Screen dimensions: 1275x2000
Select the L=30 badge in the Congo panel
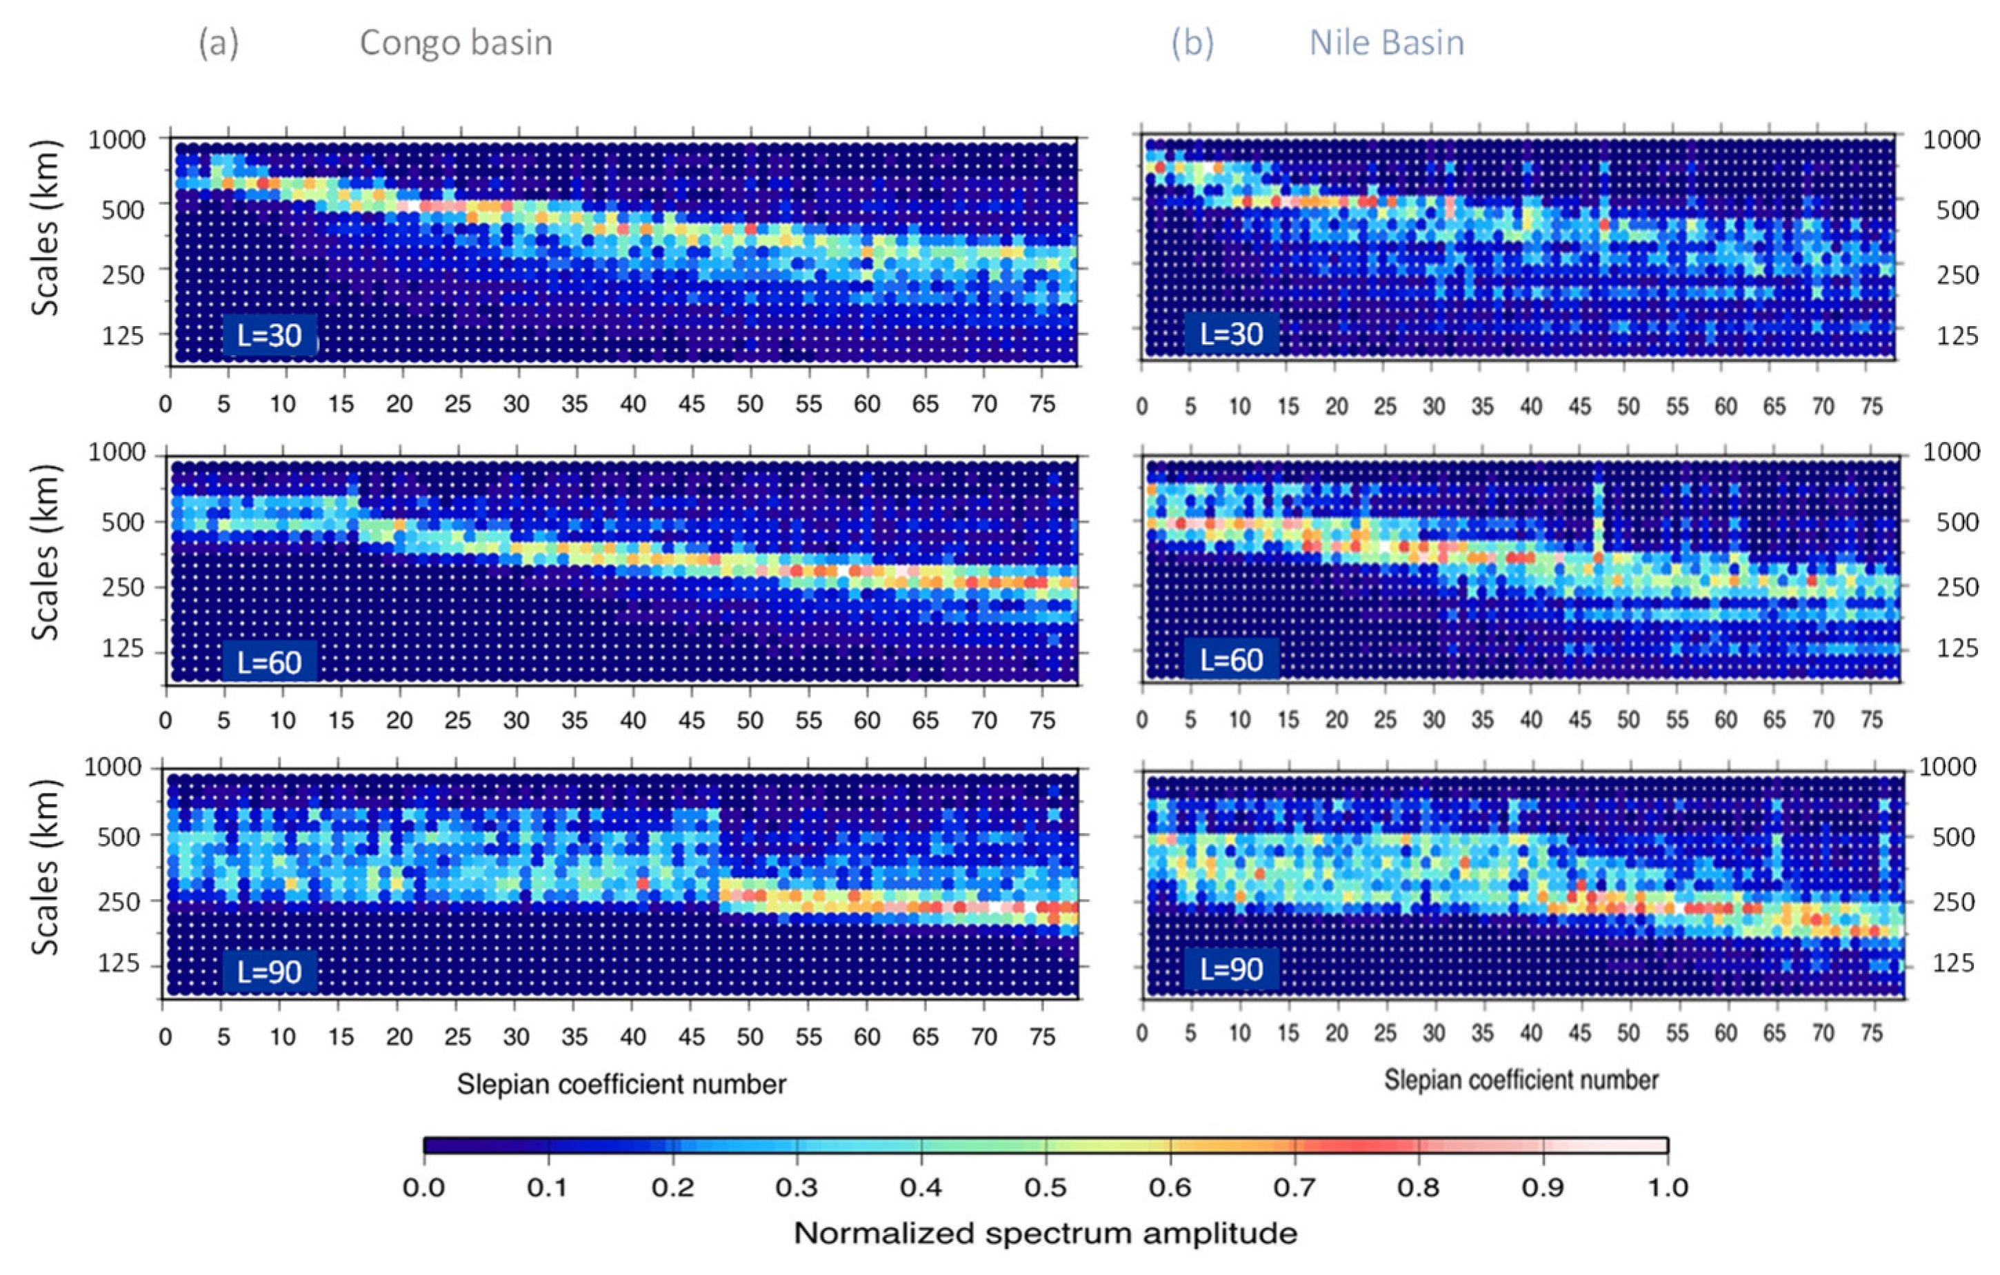(x=269, y=334)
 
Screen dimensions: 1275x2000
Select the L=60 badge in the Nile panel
(x=1232, y=659)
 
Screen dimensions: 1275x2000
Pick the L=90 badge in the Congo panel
(x=269, y=971)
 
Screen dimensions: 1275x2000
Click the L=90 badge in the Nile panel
(x=1232, y=969)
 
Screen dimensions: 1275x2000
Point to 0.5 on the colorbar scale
(x=1045, y=1187)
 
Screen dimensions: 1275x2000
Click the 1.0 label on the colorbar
(x=1666, y=1187)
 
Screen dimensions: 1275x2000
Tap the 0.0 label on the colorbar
(x=423, y=1187)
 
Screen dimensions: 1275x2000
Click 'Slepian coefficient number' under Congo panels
(x=621, y=1084)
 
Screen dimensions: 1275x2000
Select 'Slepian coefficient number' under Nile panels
(x=1521, y=1080)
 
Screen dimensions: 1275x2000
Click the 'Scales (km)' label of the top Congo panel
(x=46, y=228)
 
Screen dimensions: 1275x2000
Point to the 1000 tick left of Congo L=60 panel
(x=117, y=452)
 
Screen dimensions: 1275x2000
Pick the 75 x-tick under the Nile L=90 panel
(x=1871, y=1032)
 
